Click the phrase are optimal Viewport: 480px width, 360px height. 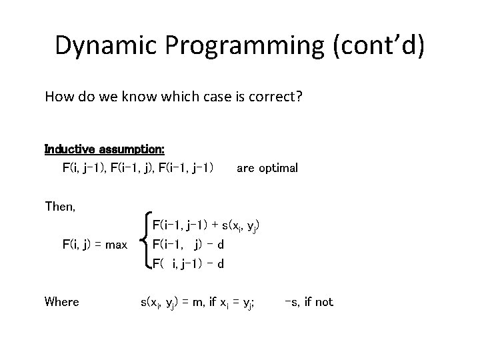tap(267, 168)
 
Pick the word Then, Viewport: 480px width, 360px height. tap(60, 207)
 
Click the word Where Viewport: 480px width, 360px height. tap(61, 302)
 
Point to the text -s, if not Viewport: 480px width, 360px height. tap(308, 302)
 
